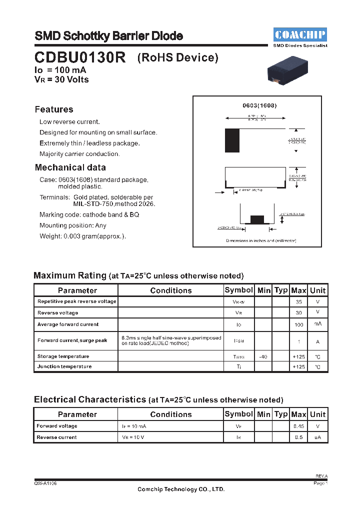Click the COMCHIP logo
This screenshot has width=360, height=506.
[x=300, y=34]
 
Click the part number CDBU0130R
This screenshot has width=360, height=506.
[x=80, y=57]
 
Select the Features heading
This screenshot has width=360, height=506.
[x=54, y=109]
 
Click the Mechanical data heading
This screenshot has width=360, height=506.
[x=70, y=167]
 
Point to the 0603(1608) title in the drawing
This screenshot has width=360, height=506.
[x=259, y=105]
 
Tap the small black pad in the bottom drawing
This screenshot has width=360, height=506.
[x=256, y=219]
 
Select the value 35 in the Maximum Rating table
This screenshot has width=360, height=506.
[x=298, y=302]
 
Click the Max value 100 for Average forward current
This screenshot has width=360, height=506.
[x=298, y=325]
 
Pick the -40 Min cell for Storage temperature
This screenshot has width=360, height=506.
[x=263, y=356]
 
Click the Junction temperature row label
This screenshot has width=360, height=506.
[x=64, y=366]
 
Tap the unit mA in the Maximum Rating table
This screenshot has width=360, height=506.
[x=317, y=324]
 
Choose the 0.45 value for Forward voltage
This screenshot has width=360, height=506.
[x=298, y=426]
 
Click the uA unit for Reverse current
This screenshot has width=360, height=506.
[x=317, y=437]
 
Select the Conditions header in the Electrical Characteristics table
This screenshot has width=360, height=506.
[x=170, y=414]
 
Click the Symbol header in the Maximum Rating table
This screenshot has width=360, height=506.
[x=238, y=290]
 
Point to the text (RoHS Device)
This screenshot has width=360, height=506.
[x=178, y=57]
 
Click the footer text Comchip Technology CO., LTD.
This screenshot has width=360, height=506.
[x=181, y=489]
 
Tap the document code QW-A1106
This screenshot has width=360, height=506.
[x=45, y=483]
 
